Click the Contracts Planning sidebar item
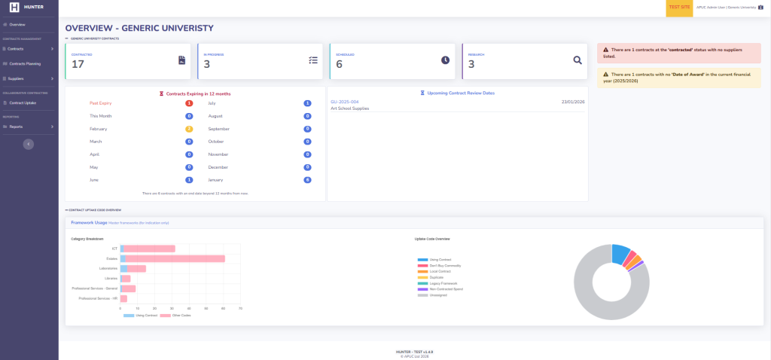point(24,63)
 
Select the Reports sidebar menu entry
point(16,127)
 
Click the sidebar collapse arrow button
point(29,143)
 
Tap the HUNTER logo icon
point(14,7)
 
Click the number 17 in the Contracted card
point(78,65)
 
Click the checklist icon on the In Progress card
point(313,60)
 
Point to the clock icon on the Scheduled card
point(445,60)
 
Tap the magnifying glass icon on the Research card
point(577,60)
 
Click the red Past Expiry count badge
point(189,102)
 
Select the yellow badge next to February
point(189,129)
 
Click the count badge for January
point(307,180)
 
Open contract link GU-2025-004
point(344,102)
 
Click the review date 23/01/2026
point(573,102)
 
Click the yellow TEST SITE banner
point(679,7)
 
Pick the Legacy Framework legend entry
point(444,283)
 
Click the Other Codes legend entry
point(181,315)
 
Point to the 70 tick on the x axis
point(240,308)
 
